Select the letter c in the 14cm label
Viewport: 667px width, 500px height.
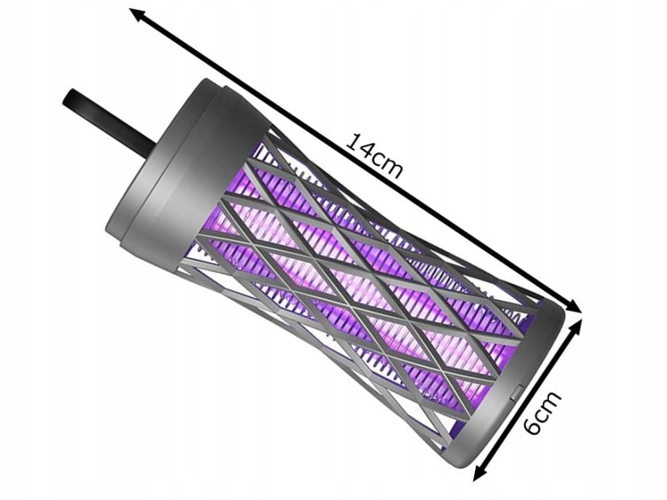(377, 160)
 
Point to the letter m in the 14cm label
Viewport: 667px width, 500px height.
(391, 169)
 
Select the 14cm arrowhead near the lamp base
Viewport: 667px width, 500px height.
(573, 305)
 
